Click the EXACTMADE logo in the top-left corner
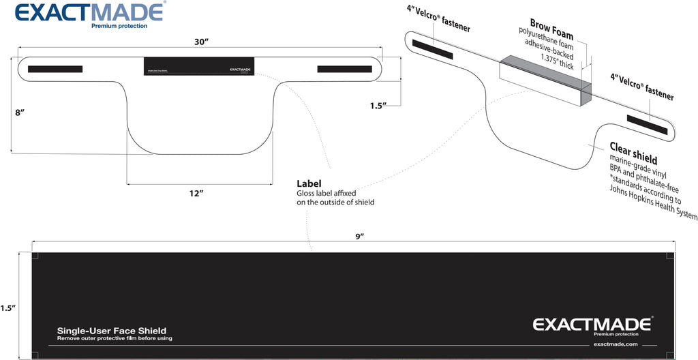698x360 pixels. tap(89, 12)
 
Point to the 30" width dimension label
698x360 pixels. tap(200, 42)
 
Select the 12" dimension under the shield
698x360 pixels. tap(196, 194)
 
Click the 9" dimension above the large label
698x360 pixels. tap(360, 236)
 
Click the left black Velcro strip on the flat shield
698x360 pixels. tap(55, 69)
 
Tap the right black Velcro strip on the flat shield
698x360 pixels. tap(346, 69)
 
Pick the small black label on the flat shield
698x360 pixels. tap(199, 67)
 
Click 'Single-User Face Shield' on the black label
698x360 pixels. tap(112, 331)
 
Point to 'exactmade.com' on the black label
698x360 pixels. tap(616, 344)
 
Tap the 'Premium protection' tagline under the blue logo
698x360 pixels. tap(119, 25)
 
